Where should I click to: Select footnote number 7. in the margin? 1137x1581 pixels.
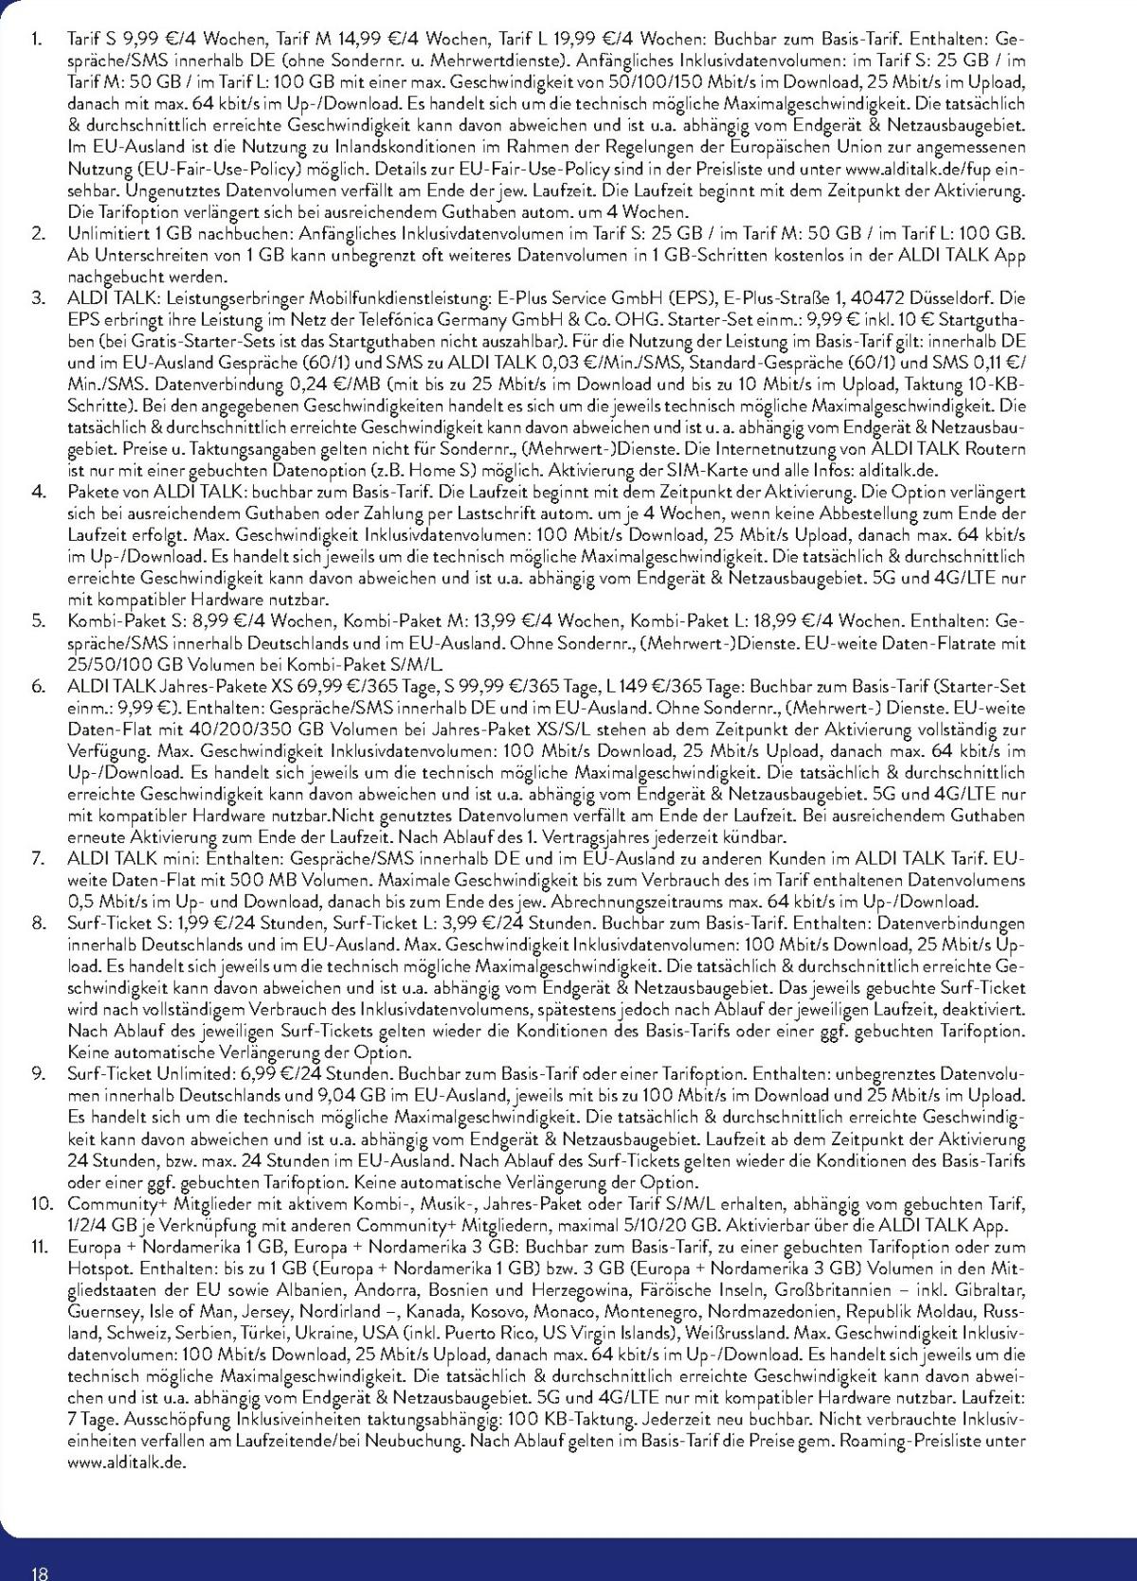pyautogui.click(x=38, y=858)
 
